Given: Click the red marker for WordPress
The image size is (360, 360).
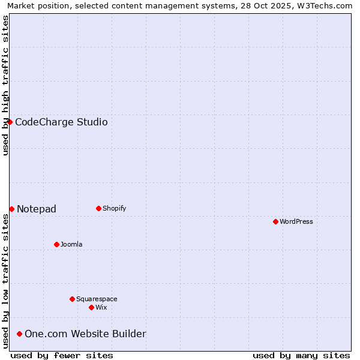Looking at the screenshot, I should tap(275, 221).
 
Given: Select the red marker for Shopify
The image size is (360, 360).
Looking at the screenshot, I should tap(98, 208).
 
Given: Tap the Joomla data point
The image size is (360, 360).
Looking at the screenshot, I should tap(56, 244).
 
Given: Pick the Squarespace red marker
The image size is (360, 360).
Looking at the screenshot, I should tap(72, 299).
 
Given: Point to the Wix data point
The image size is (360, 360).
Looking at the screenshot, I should tap(91, 307).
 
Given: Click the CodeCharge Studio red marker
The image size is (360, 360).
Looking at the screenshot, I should tap(10, 122).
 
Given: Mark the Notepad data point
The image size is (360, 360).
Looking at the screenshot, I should tap(11, 209).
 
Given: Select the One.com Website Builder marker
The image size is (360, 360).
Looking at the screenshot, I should tap(19, 334).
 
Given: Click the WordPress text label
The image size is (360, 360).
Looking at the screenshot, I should tap(296, 221).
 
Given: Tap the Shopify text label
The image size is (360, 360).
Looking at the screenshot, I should tap(115, 208).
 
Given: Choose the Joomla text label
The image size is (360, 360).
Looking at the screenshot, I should tap(71, 244).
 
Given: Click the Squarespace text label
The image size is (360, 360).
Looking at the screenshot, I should tap(97, 299).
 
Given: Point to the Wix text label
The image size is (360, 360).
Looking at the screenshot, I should tap(101, 307).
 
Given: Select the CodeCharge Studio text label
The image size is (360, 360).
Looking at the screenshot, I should tap(61, 122).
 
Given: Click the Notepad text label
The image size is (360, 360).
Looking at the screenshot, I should tap(37, 209).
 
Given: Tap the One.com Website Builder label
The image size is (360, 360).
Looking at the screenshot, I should tap(85, 334).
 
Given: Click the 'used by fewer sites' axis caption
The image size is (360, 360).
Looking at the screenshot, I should tap(62, 355).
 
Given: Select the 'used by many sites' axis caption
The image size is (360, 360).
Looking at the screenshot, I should tap(301, 355).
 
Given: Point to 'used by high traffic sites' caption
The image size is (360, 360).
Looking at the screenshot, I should tap(5, 85).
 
